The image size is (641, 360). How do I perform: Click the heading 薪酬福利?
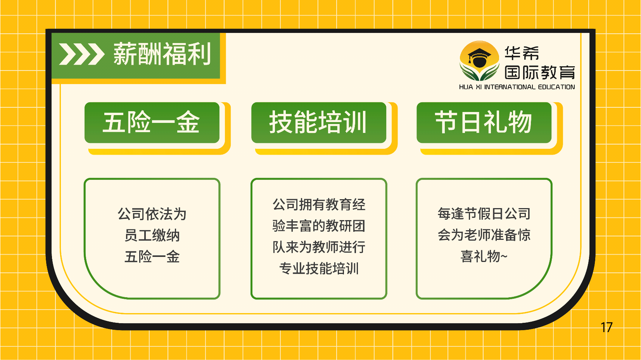(162, 54)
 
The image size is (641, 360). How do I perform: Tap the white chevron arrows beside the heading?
(81, 54)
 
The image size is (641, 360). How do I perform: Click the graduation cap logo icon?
(479, 60)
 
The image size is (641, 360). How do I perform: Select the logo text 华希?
(522, 53)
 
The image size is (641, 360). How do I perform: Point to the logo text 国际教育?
(540, 72)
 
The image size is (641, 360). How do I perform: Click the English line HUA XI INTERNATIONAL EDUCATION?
(517, 87)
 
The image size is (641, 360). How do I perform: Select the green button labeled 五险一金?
(152, 122)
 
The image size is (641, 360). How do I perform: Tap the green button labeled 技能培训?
(318, 122)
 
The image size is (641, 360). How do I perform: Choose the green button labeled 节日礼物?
(484, 122)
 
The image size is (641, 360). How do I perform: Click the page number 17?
(606, 327)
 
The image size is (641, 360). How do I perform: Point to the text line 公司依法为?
(152, 214)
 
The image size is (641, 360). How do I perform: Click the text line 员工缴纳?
(152, 235)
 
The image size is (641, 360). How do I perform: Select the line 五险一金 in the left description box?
(152, 257)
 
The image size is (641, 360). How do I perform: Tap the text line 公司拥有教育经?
(319, 205)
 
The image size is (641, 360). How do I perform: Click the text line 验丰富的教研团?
(319, 226)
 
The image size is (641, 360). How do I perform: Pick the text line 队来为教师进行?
(319, 247)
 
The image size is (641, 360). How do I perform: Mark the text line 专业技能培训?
(319, 269)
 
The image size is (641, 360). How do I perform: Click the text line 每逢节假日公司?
(484, 214)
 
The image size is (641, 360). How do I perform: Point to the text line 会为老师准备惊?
(484, 235)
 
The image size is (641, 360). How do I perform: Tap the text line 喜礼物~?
(484, 257)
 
